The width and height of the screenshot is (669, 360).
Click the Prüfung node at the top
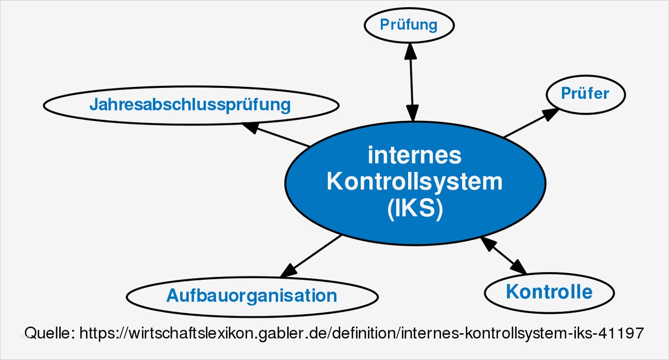tap(409, 25)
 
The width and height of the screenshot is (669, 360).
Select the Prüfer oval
tap(585, 94)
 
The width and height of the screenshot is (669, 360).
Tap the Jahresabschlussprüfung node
tap(190, 105)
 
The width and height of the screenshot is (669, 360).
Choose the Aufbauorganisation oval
tap(252, 296)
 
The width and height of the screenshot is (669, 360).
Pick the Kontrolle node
tap(549, 292)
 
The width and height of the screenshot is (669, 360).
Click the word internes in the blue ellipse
tap(415, 155)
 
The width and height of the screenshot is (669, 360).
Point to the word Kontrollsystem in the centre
tap(415, 182)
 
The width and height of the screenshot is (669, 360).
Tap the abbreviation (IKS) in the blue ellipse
tap(415, 209)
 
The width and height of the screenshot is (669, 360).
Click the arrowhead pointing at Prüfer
tap(551, 113)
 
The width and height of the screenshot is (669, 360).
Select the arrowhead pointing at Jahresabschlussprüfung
tap(251, 127)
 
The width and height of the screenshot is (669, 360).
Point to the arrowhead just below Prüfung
tap(410, 48)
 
